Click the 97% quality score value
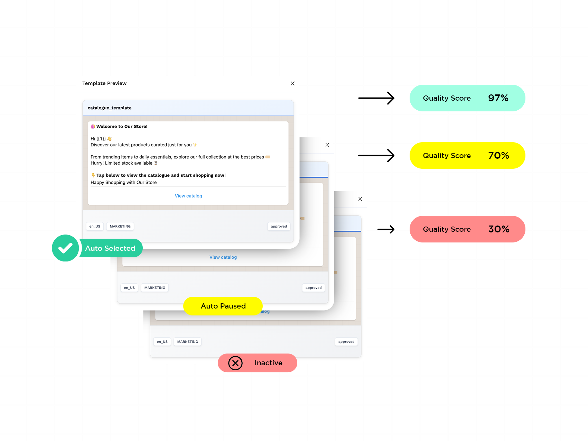(x=498, y=98)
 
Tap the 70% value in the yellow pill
(x=498, y=156)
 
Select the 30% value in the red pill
(x=498, y=229)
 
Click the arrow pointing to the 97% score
(x=376, y=98)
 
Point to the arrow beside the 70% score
(x=376, y=156)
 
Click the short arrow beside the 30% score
(x=386, y=229)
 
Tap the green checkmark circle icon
(x=65, y=248)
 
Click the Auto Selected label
(x=110, y=248)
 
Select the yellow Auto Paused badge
(x=223, y=306)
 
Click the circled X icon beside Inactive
(x=235, y=363)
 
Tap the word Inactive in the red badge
(x=268, y=363)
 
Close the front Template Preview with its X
(x=292, y=84)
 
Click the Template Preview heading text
(x=104, y=83)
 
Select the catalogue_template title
(x=110, y=108)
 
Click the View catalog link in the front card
(x=188, y=196)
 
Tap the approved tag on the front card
(x=279, y=227)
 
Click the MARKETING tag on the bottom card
(x=187, y=342)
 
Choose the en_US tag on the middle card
(x=129, y=288)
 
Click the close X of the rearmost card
(x=360, y=199)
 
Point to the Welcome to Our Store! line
(x=122, y=127)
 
